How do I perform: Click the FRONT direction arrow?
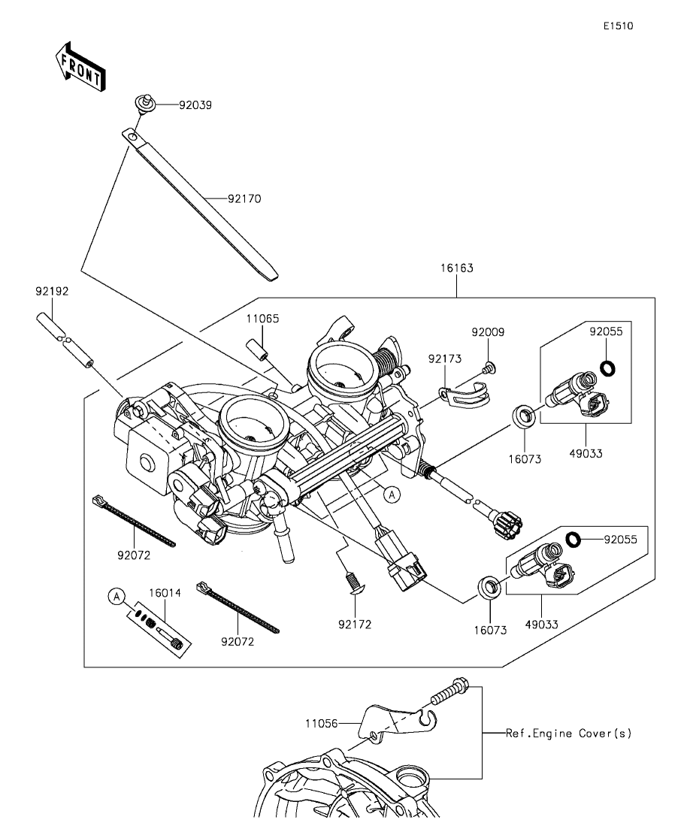pos(80,67)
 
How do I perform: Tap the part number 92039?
pos(195,104)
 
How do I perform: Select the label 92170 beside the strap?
pos(244,198)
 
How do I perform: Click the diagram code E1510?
pos(619,26)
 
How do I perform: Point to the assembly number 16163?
pos(457,268)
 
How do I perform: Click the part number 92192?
pos(52,292)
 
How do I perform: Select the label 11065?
pos(262,319)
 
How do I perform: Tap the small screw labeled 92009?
pos(489,368)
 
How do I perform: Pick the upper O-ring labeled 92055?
pos(608,368)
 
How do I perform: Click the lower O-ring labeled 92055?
pos(573,540)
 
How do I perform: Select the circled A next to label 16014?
pos(117,597)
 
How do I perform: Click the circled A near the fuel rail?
pos(392,495)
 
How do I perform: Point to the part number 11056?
pos(321,723)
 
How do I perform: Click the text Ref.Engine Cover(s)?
pos(569,734)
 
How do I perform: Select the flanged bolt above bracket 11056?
pos(450,693)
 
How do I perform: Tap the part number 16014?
pos(165,593)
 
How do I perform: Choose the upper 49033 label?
pos(586,454)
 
